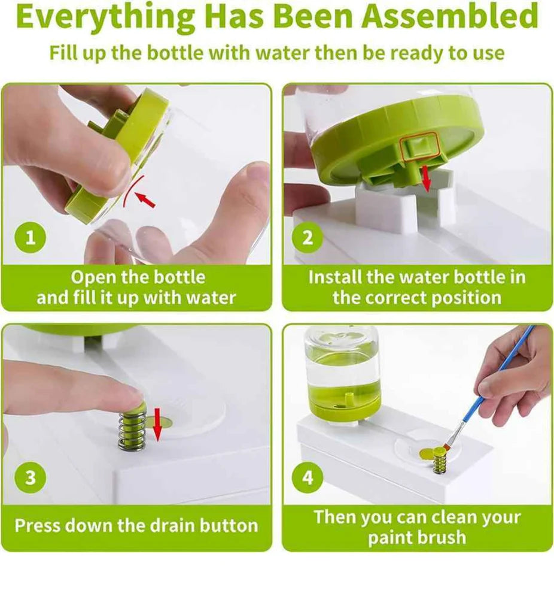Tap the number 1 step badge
(31, 238)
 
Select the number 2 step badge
(308, 238)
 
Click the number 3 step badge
(31, 477)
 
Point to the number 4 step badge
(308, 477)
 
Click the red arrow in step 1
(145, 200)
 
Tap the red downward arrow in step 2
(427, 178)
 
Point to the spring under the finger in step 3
(132, 429)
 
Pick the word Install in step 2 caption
(335, 277)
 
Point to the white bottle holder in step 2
(404, 202)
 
